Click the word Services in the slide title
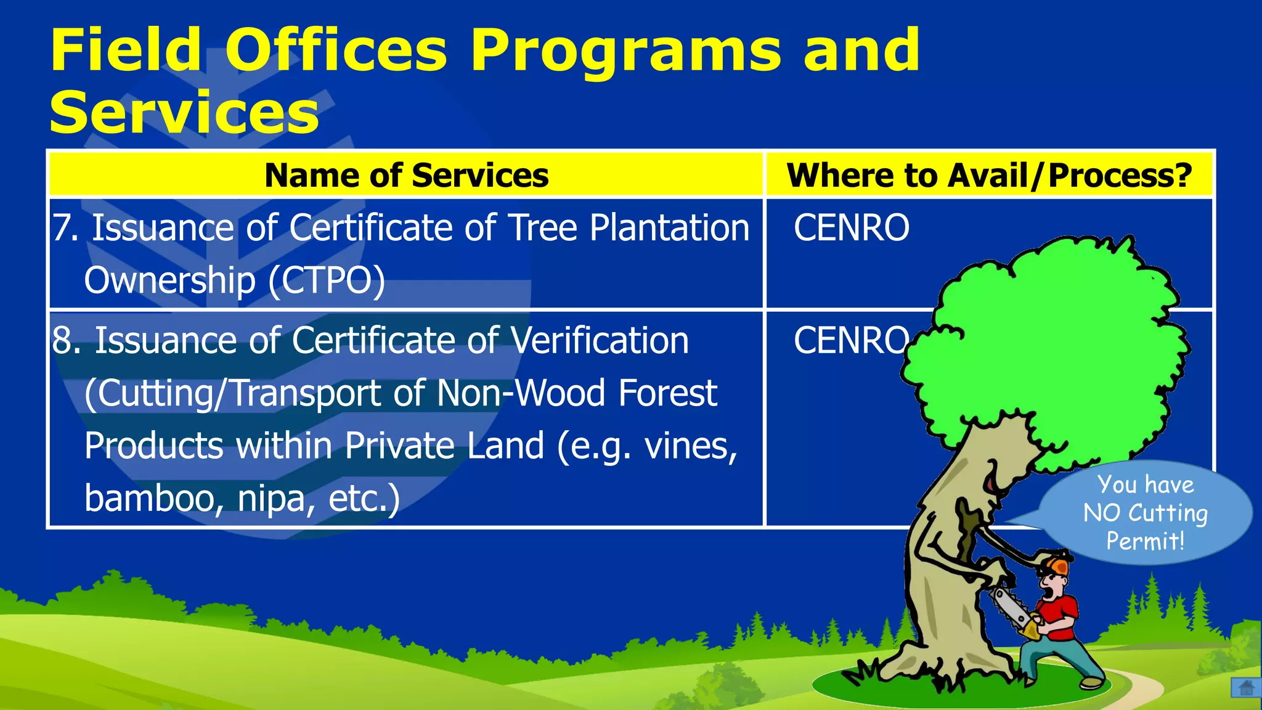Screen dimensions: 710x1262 tap(184, 112)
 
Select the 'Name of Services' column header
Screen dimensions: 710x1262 tap(406, 176)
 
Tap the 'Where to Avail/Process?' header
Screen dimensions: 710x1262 tap(989, 176)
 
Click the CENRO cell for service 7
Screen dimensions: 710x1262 tap(851, 228)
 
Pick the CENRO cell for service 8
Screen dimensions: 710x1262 tap(851, 341)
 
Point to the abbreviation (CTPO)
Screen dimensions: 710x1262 tap(327, 280)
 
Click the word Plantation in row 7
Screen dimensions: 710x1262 tap(669, 228)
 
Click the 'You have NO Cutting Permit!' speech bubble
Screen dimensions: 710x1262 tap(1145, 513)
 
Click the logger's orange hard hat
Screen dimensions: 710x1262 tap(1055, 564)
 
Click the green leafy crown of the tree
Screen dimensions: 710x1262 tap(1048, 345)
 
